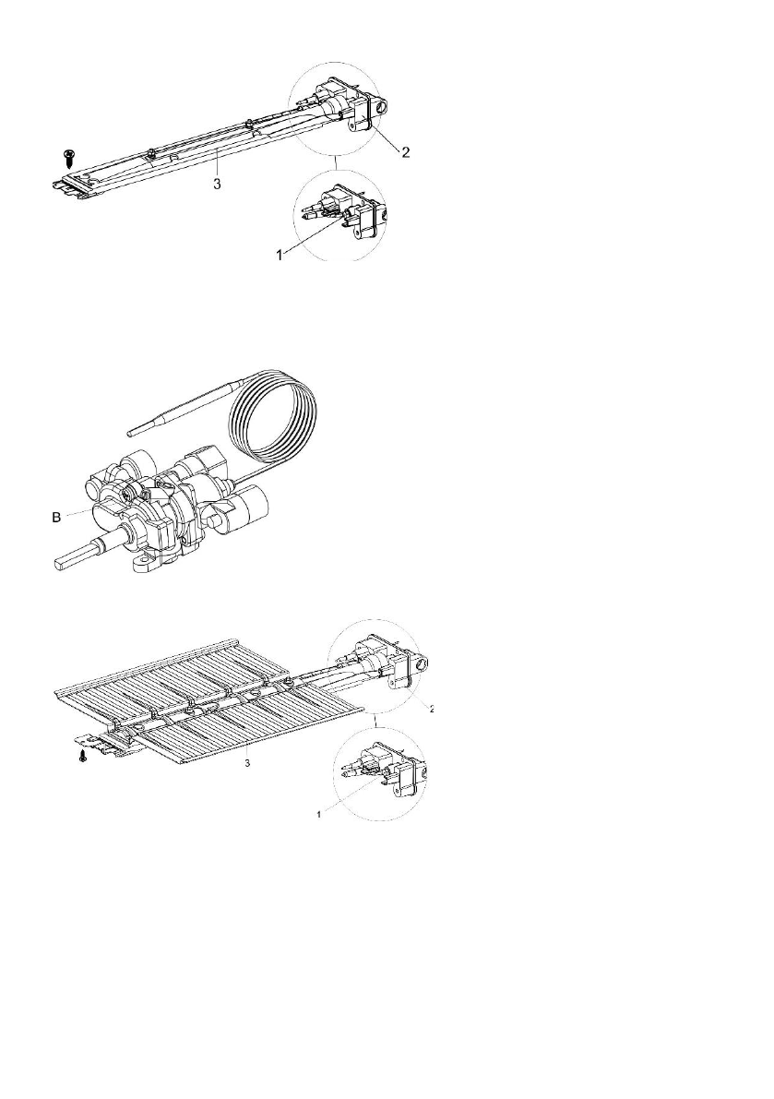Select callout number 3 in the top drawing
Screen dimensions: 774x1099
tap(216, 185)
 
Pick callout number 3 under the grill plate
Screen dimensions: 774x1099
tap(246, 763)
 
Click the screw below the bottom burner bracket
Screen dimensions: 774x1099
tap(83, 756)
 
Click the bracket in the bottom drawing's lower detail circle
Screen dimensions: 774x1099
tap(409, 775)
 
